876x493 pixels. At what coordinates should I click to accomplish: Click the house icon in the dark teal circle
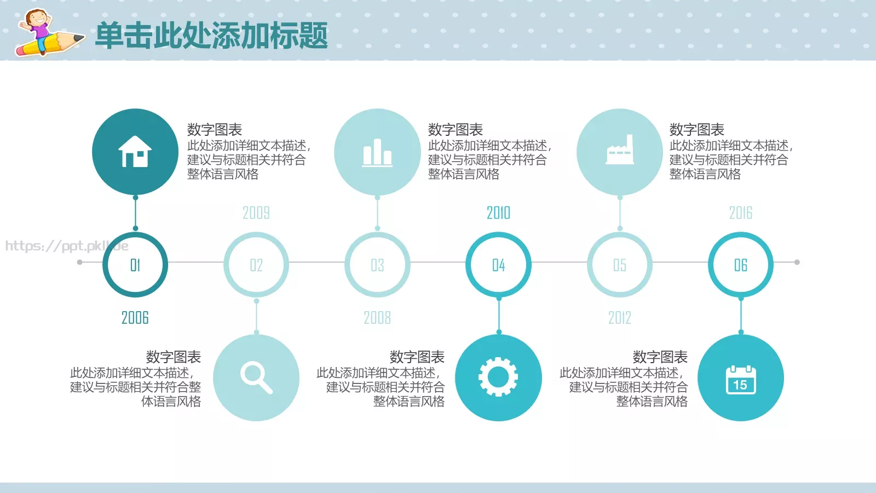tap(135, 152)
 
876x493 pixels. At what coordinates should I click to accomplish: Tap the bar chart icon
tap(377, 152)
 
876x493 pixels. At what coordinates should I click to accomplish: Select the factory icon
tap(620, 151)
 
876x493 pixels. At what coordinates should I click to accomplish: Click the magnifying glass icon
tap(256, 378)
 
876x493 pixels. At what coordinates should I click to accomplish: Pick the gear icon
tap(498, 377)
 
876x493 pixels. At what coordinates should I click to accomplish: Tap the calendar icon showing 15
tap(740, 380)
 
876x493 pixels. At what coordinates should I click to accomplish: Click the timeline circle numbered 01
tap(135, 265)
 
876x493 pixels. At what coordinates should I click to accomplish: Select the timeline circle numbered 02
tap(256, 265)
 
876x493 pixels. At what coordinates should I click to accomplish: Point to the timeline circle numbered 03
tap(377, 265)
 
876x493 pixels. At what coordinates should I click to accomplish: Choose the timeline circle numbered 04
tap(498, 265)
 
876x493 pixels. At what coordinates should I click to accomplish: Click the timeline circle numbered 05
tap(620, 265)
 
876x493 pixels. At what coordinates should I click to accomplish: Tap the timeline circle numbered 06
tap(741, 265)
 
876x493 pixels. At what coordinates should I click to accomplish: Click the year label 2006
tap(135, 318)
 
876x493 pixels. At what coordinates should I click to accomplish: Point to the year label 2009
tap(256, 213)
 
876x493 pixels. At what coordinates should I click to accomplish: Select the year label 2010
tap(498, 213)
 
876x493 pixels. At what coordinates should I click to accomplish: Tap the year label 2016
tap(741, 213)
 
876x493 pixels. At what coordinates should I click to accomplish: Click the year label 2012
tap(620, 318)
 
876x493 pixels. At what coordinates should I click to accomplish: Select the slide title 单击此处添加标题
tap(211, 36)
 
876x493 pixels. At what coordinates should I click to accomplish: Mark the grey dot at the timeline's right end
tap(797, 262)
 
